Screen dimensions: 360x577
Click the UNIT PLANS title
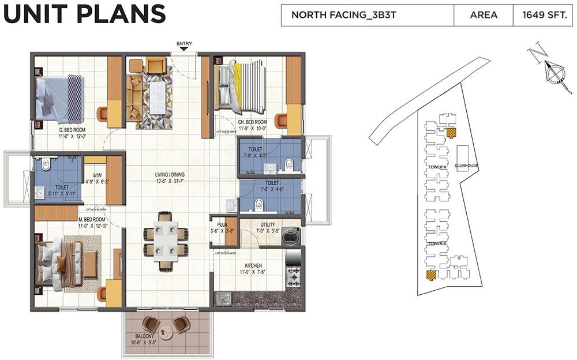(x=84, y=14)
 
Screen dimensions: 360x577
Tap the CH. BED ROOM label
(x=252, y=122)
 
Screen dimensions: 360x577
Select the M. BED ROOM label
(x=92, y=220)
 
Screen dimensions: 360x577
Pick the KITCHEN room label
(x=253, y=265)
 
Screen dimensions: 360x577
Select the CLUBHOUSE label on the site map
(x=466, y=166)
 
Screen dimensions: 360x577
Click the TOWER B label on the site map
(x=437, y=244)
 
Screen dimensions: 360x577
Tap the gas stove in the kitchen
(x=293, y=277)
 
